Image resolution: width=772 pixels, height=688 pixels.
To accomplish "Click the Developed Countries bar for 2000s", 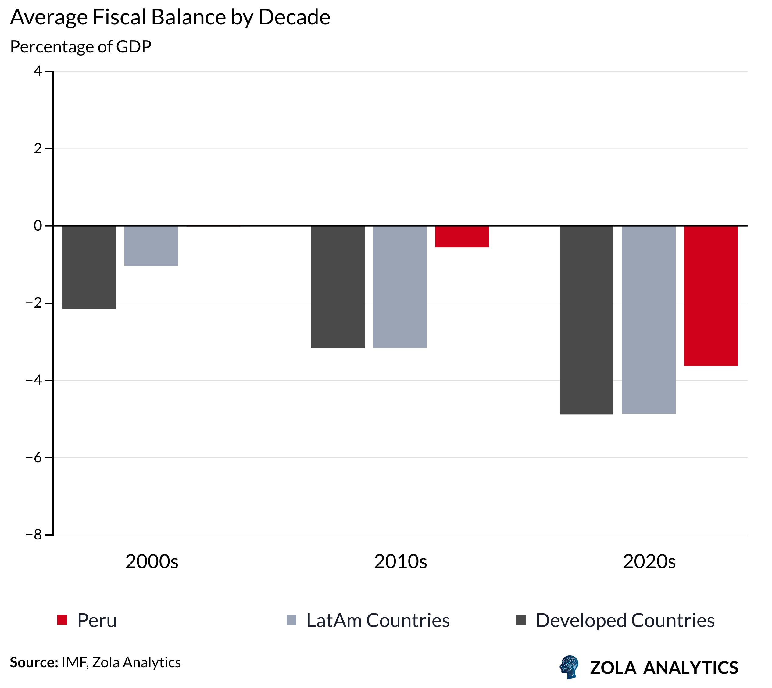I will (x=89, y=267).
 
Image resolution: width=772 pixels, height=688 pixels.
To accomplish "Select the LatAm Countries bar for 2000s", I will (x=151, y=246).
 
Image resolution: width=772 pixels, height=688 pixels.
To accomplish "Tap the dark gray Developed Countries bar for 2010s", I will (x=338, y=287).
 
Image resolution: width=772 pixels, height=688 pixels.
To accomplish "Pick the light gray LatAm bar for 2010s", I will (x=400, y=287).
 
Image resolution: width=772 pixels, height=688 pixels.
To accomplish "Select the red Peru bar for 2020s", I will (x=710, y=296).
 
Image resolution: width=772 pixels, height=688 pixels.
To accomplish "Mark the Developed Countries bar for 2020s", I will (x=586, y=320).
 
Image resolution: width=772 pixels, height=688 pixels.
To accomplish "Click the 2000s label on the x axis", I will (x=152, y=561).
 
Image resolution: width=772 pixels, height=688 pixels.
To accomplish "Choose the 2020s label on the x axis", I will (x=649, y=561).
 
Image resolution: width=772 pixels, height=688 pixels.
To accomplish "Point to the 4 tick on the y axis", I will (x=38, y=71).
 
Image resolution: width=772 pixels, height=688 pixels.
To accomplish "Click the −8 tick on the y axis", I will (x=34, y=535).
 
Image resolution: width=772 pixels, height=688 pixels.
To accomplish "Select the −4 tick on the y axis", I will (x=34, y=380).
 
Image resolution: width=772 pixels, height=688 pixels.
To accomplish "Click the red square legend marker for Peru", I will (x=62, y=620).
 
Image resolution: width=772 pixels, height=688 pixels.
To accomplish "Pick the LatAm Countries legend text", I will (x=377, y=620).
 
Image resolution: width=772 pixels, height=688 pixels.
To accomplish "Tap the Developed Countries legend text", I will (x=625, y=620).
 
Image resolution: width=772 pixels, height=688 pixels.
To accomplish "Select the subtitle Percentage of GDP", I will (x=80, y=47).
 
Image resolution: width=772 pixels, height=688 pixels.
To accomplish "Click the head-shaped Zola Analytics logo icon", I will (x=570, y=667).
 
